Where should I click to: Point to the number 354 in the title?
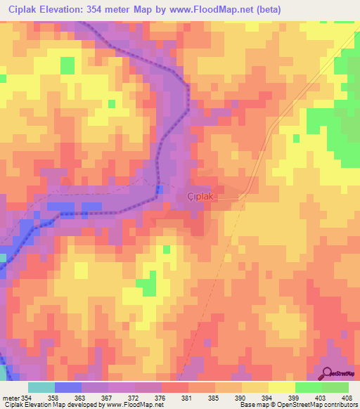pos(103,9)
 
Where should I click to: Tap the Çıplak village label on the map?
pos(200,197)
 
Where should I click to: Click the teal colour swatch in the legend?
pos(41,387)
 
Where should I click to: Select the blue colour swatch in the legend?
pos(68,387)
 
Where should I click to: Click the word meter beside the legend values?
pos(11,397)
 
